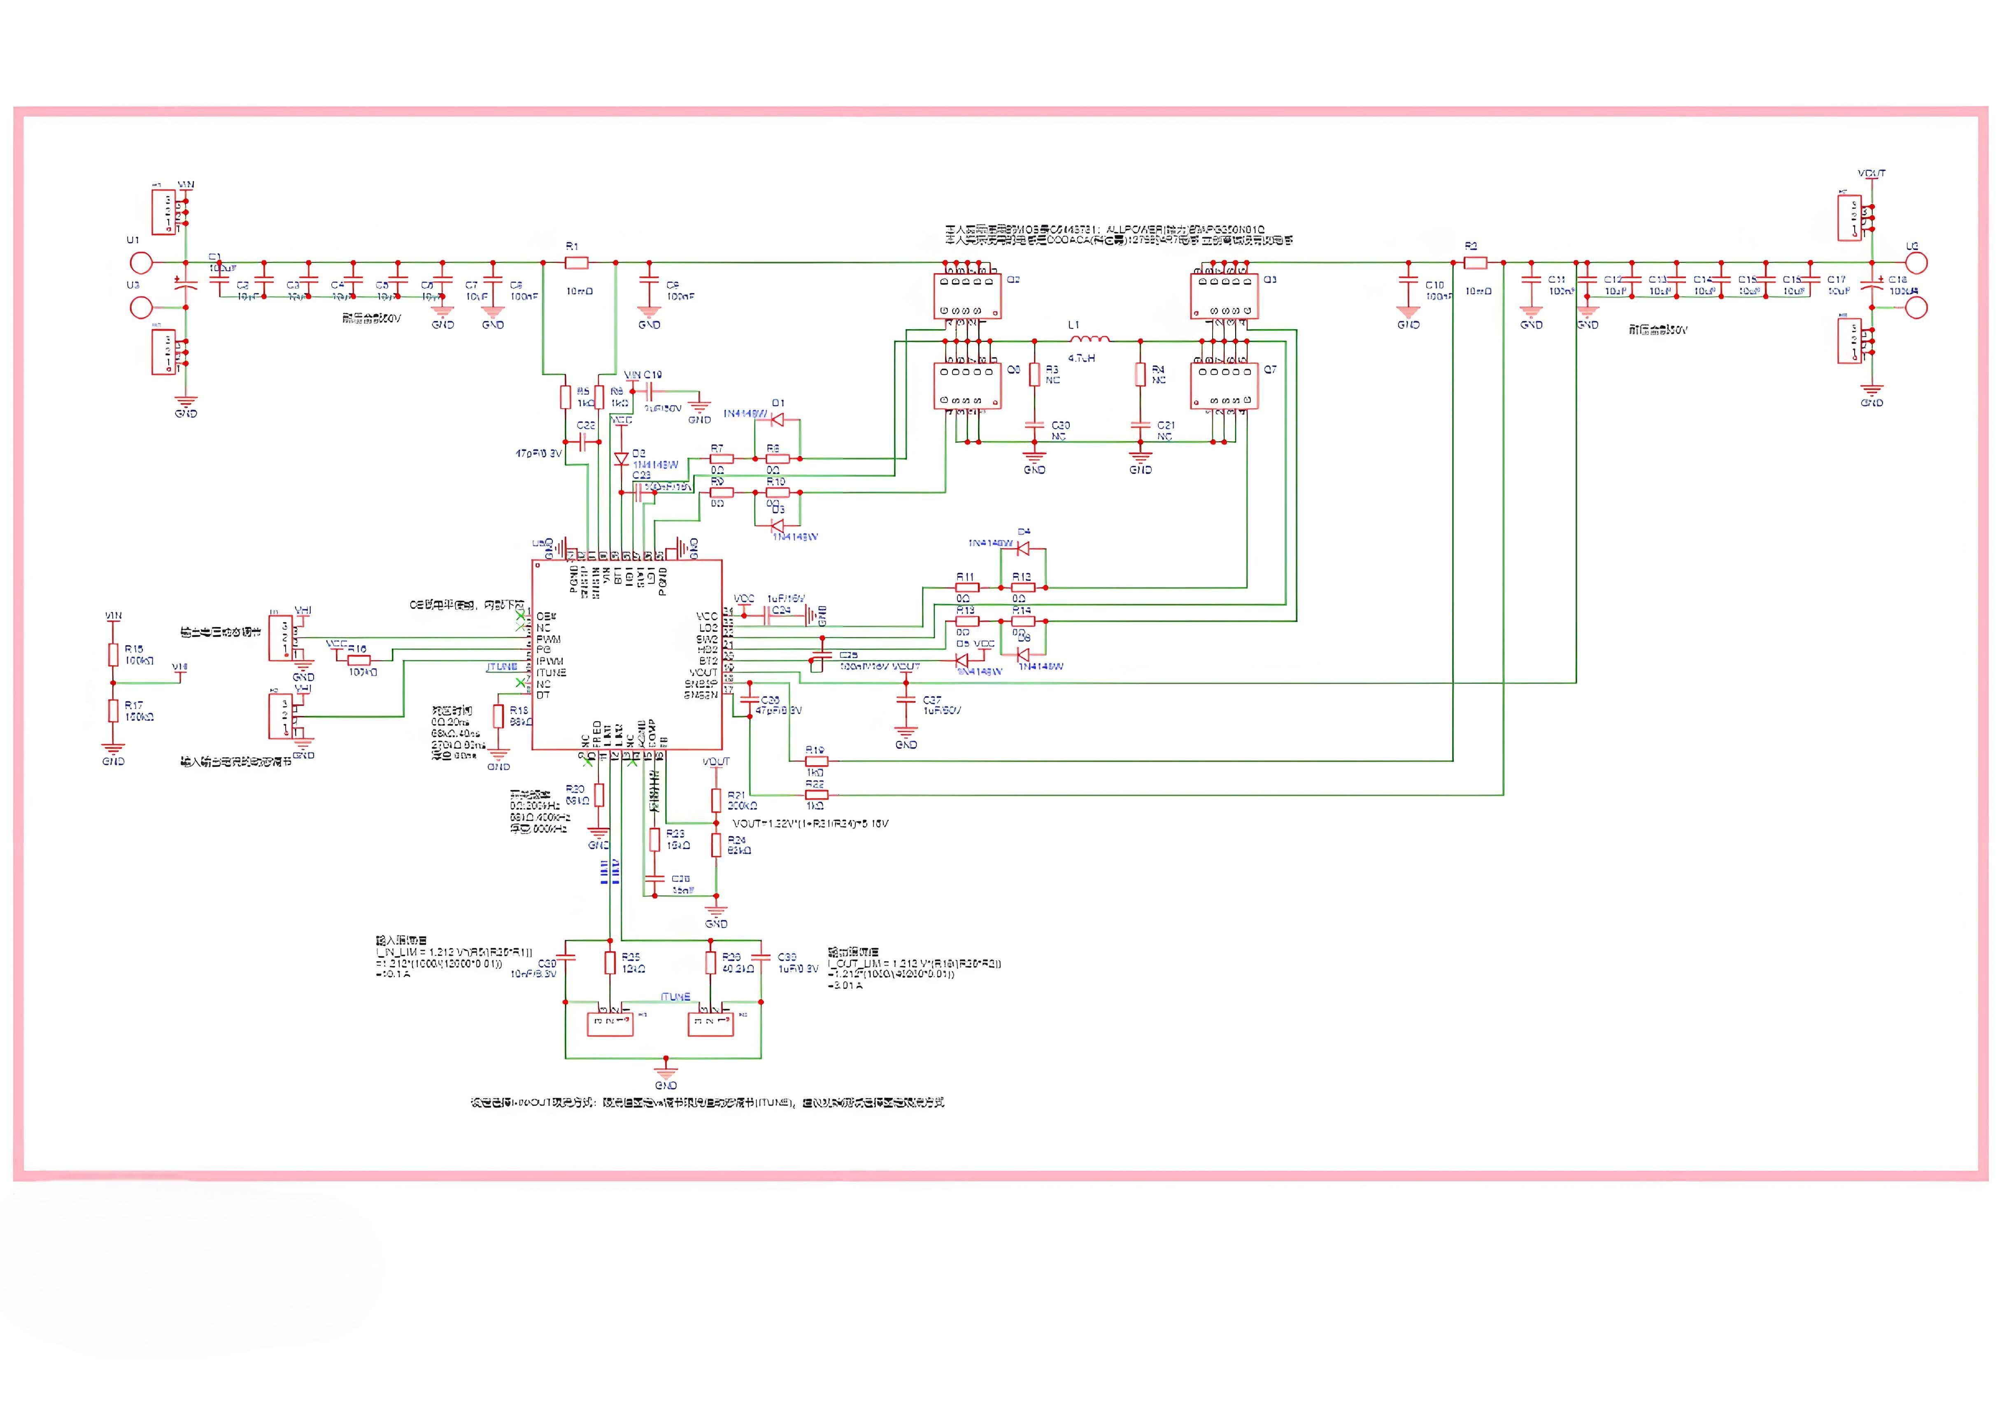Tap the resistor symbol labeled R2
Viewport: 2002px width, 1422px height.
click(1476, 262)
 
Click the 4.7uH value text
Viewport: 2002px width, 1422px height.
click(1082, 358)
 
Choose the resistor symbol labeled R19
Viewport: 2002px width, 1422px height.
click(815, 761)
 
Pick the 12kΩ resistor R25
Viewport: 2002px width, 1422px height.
click(610, 963)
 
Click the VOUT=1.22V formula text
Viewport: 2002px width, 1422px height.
click(810, 824)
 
